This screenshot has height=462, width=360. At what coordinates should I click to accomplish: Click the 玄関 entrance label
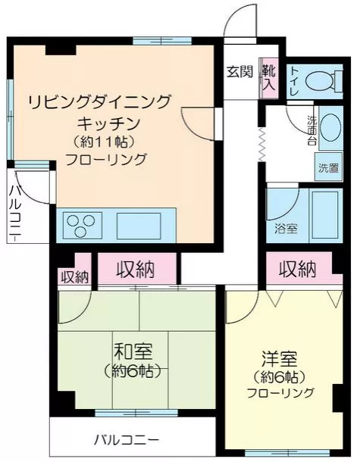click(239, 72)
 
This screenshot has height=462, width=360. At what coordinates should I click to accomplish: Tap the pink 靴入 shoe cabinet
click(269, 78)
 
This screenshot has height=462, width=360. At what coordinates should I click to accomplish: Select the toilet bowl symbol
click(324, 81)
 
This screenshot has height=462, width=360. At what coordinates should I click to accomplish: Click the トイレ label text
click(295, 81)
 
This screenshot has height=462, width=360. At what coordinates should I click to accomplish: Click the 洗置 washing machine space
click(328, 167)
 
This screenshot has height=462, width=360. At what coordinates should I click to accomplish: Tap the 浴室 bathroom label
click(286, 228)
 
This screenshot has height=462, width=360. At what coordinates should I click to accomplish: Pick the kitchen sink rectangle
click(139, 226)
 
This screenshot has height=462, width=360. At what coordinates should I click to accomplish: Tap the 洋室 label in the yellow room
click(279, 358)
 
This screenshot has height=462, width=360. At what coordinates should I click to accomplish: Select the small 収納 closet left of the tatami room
click(74, 276)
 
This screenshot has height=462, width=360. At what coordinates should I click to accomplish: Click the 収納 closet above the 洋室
click(297, 269)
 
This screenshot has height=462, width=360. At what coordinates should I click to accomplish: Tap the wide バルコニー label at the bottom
click(127, 441)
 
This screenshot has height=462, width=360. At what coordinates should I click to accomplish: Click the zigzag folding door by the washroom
click(262, 145)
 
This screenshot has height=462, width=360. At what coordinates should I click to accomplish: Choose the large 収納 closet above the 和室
click(137, 269)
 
